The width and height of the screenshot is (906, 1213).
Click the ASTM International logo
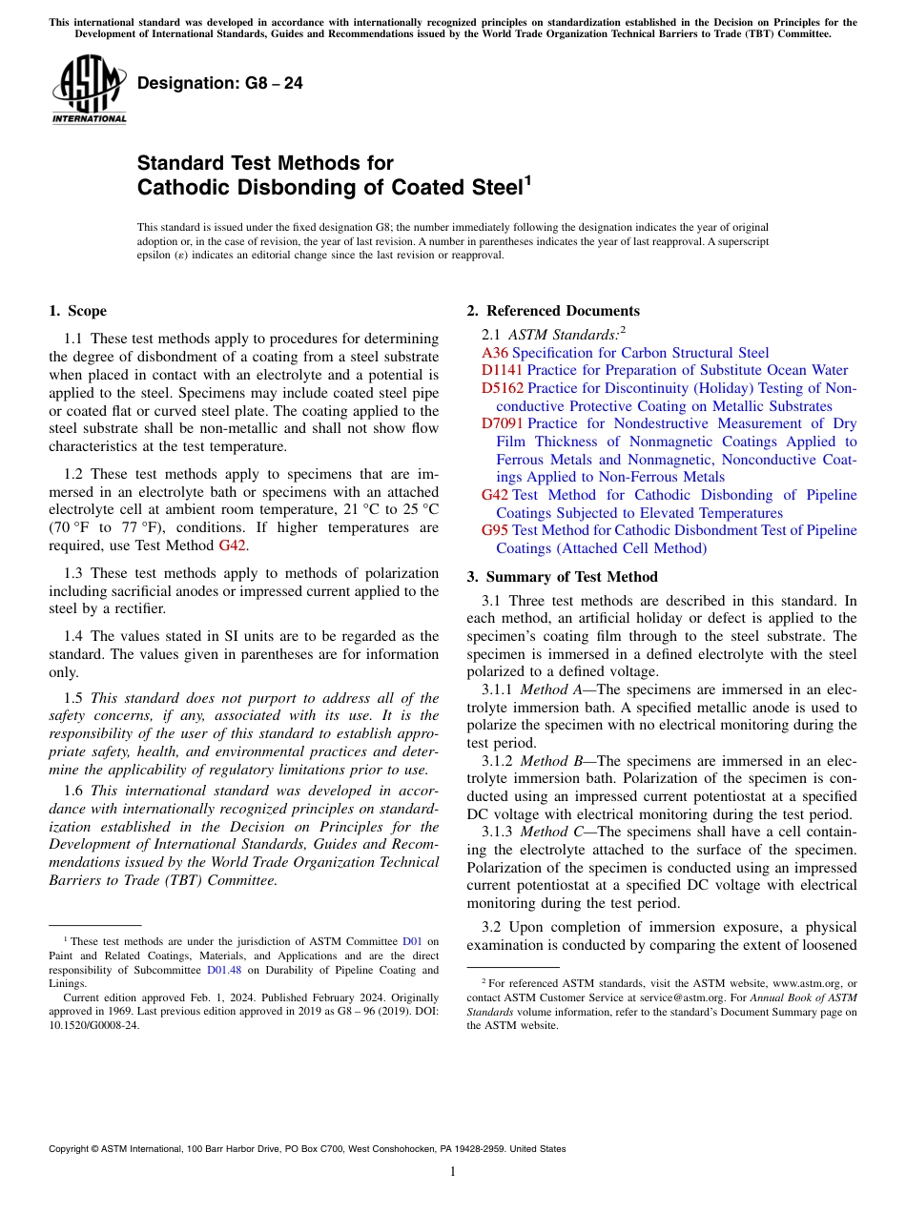[89, 90]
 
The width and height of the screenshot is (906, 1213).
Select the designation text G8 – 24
[220, 84]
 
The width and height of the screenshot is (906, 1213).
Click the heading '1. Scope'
[77, 311]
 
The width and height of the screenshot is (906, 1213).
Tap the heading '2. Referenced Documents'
[553, 311]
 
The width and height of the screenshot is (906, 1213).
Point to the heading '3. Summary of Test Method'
[562, 577]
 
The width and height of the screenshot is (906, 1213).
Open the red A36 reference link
[495, 353]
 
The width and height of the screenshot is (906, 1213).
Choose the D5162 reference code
[503, 388]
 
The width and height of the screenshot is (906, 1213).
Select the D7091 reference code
[503, 423]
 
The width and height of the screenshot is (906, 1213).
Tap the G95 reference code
[495, 530]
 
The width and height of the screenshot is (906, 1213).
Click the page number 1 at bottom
[453, 1172]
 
